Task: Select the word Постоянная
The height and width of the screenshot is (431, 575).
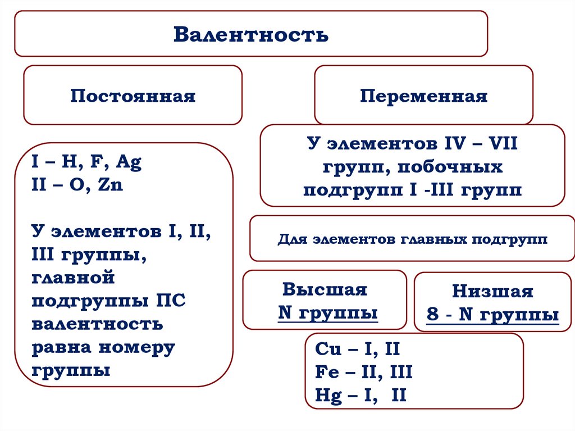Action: coord(133,96)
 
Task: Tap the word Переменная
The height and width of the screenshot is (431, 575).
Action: coord(423,96)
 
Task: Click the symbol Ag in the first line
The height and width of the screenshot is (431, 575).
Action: coord(129,163)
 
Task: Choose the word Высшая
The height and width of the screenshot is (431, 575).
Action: coord(324,289)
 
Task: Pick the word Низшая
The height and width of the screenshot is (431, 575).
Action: coord(492,292)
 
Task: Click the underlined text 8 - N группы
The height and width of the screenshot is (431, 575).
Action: coord(492,314)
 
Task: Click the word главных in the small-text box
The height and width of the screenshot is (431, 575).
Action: coord(435,239)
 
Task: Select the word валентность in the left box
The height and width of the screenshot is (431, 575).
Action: coord(97,324)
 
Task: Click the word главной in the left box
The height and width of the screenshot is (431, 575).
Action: coord(73,278)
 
